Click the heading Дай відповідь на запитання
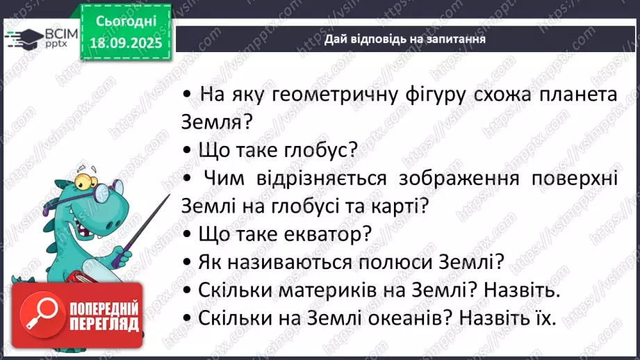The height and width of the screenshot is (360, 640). pos(404,39)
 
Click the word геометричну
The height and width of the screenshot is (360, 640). pos(325,95)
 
